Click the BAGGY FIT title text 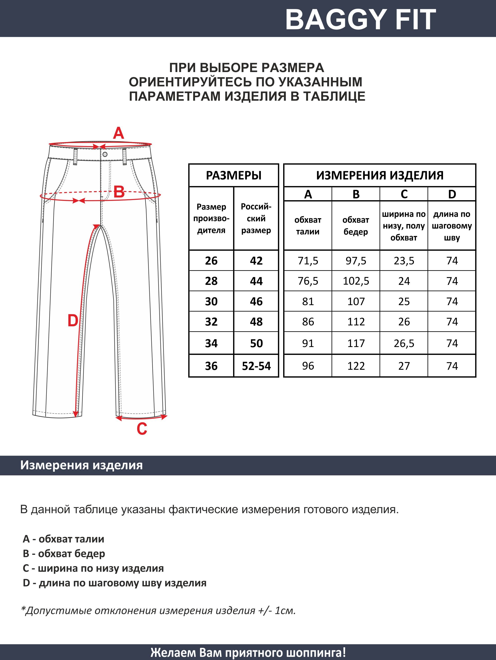(360, 19)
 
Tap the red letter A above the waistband (118, 133)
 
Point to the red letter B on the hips (119, 192)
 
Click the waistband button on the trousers (105, 154)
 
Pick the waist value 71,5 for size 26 (308, 261)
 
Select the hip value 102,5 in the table (356, 281)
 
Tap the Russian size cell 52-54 (256, 366)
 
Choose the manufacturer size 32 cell (211, 322)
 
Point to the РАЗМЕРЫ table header (234, 175)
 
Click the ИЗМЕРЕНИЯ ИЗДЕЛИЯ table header (380, 175)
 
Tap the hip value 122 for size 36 (356, 366)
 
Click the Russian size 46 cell (256, 301)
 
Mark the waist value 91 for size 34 (308, 343)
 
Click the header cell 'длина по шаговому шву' (452, 226)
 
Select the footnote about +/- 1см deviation (158, 611)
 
